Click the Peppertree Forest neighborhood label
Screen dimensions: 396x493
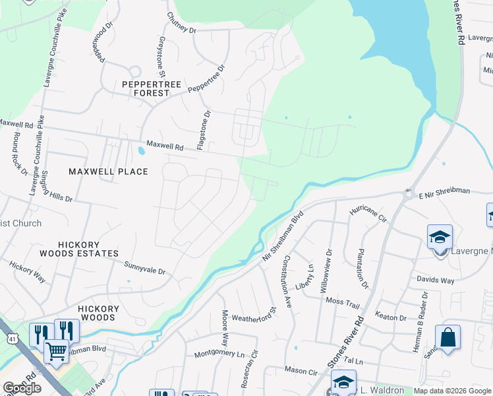(x=146, y=88)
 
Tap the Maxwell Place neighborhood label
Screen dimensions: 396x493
(x=109, y=172)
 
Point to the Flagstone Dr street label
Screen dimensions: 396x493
(x=207, y=129)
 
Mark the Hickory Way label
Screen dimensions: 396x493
(x=27, y=272)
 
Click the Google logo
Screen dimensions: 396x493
(x=22, y=388)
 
